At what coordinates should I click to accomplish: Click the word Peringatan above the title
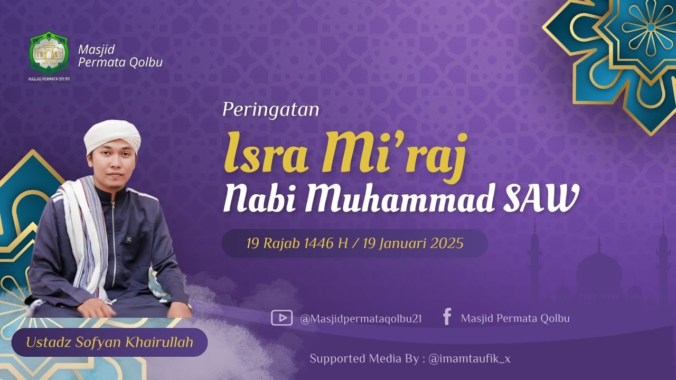point(270,109)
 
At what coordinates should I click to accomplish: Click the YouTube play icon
point(281,318)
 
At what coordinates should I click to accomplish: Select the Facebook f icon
point(447,317)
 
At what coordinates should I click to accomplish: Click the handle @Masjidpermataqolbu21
point(361,319)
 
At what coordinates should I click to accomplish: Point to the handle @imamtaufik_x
point(470,359)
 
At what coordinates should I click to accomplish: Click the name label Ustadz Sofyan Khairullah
point(109,342)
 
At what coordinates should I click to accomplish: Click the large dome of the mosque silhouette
point(598,269)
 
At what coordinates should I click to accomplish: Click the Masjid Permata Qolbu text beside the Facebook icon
point(515,319)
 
